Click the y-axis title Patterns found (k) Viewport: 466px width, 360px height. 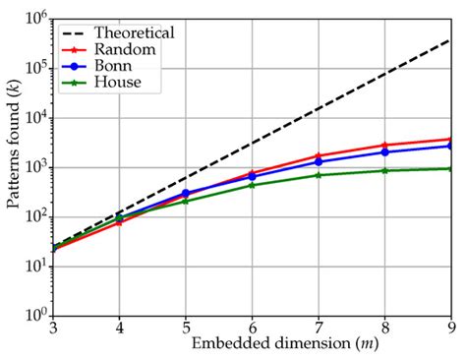(x=13, y=167)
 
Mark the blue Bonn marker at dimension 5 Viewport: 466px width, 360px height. (x=186, y=193)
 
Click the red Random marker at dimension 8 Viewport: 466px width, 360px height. (x=383, y=146)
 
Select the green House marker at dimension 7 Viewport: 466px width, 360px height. (x=318, y=175)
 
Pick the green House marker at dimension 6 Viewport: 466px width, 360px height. (x=252, y=185)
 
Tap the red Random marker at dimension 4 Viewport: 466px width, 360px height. (x=120, y=222)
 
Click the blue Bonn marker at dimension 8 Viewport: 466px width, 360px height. (x=383, y=152)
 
